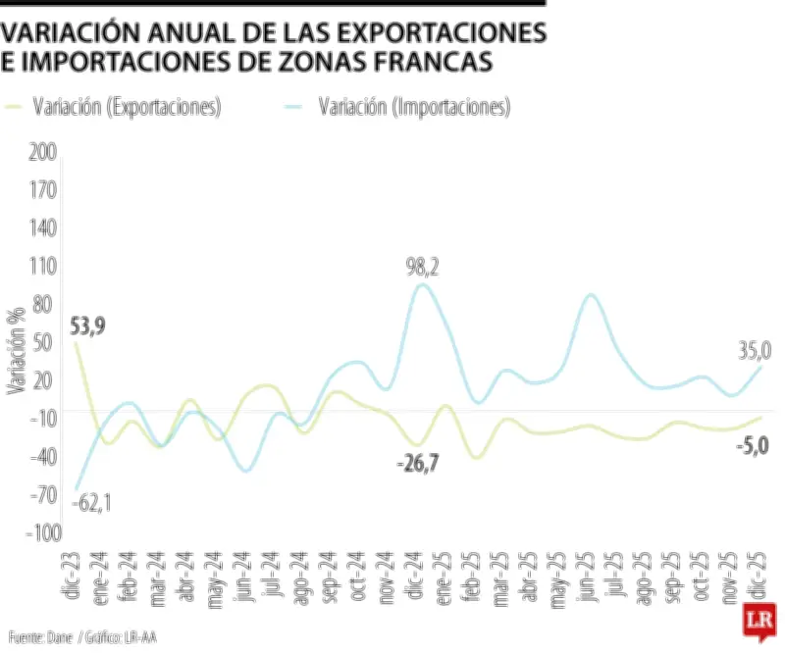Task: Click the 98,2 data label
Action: (x=422, y=267)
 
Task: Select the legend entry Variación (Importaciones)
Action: (x=413, y=107)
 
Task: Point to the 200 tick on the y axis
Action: (x=44, y=151)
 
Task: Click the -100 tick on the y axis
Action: (x=42, y=532)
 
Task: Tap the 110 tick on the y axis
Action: (x=44, y=266)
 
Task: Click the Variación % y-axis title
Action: (x=15, y=349)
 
